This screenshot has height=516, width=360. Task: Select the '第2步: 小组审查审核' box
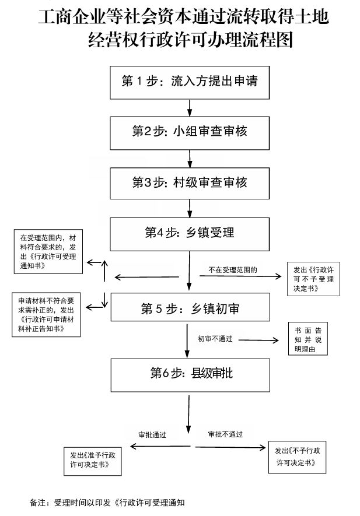(x=190, y=132)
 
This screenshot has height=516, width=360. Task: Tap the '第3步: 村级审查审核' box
(x=190, y=182)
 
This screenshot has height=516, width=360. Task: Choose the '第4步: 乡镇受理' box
(x=190, y=233)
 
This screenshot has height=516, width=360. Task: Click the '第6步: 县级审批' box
(x=190, y=374)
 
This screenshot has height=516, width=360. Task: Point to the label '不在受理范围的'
(x=233, y=271)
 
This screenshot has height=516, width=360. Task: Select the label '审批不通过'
(x=225, y=434)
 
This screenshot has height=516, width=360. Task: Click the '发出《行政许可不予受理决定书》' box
(x=313, y=279)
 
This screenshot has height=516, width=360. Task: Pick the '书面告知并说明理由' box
(x=308, y=339)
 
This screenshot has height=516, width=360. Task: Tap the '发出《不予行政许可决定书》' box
(x=296, y=457)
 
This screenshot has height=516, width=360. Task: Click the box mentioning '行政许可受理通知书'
(x=48, y=252)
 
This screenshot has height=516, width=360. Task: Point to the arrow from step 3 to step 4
(x=190, y=208)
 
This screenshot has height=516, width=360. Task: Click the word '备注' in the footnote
(x=37, y=502)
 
